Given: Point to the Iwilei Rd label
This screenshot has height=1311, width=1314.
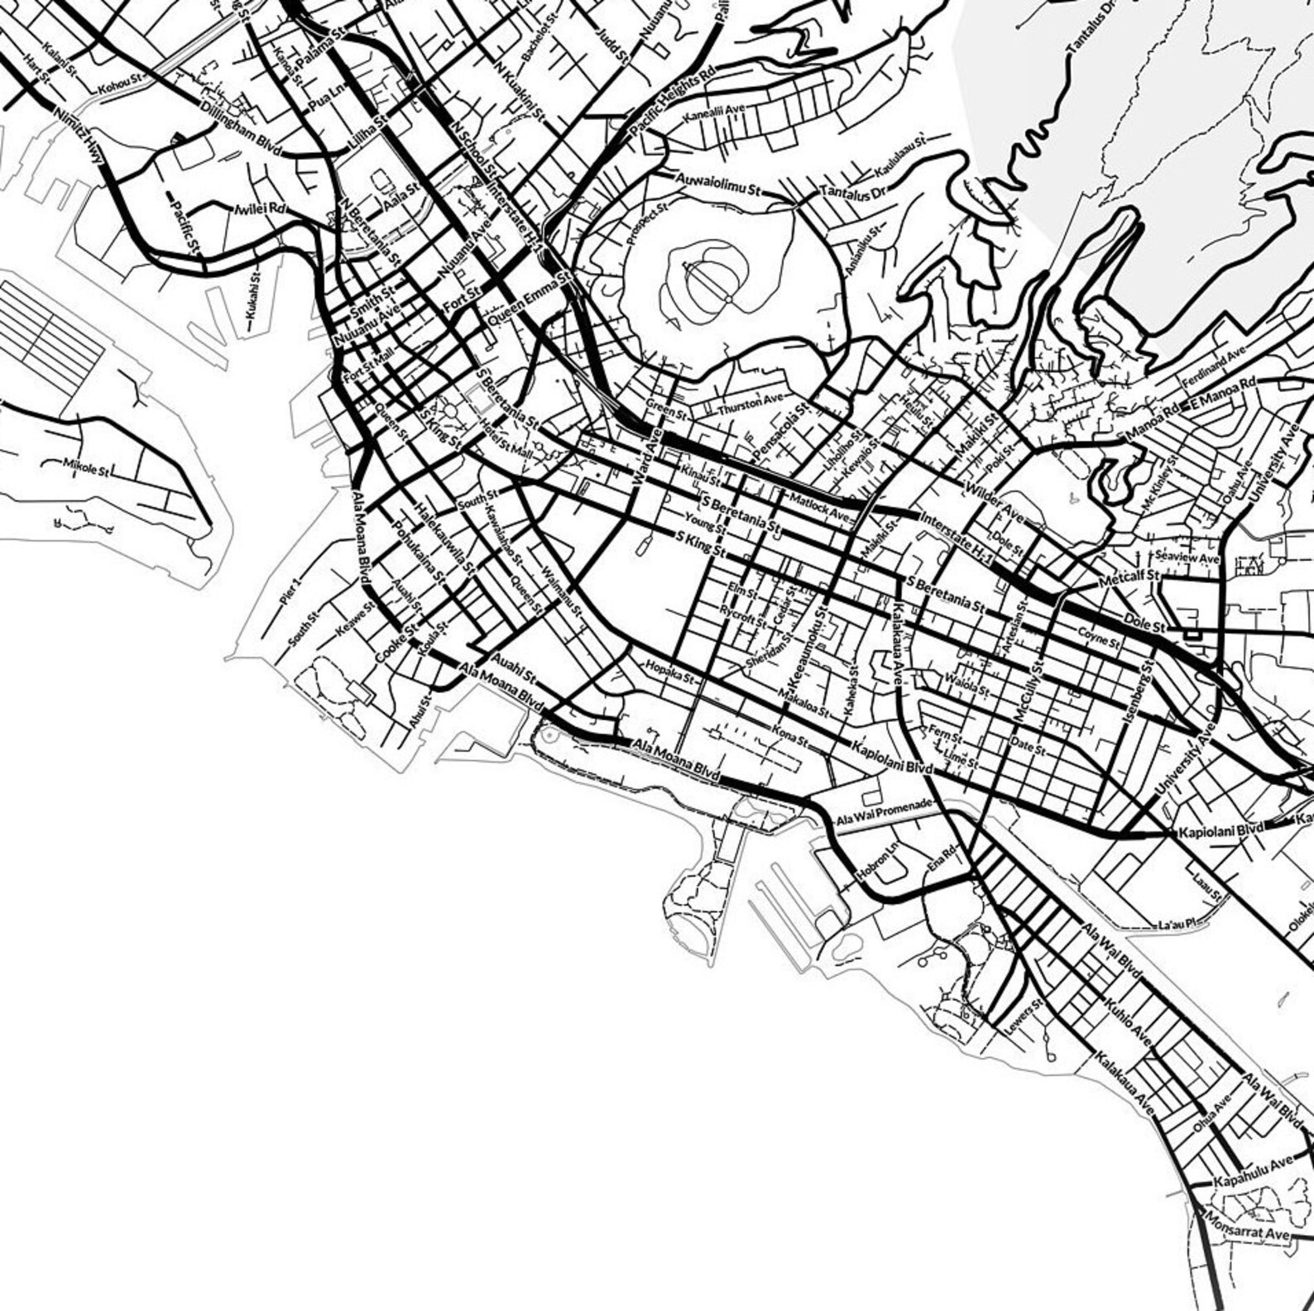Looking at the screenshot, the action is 260,209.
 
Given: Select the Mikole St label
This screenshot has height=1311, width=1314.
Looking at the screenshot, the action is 86,467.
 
